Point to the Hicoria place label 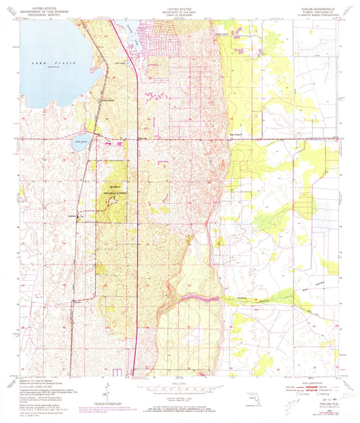pyautogui.click(x=79, y=303)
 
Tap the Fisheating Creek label pyautogui.click(x=247, y=295)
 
